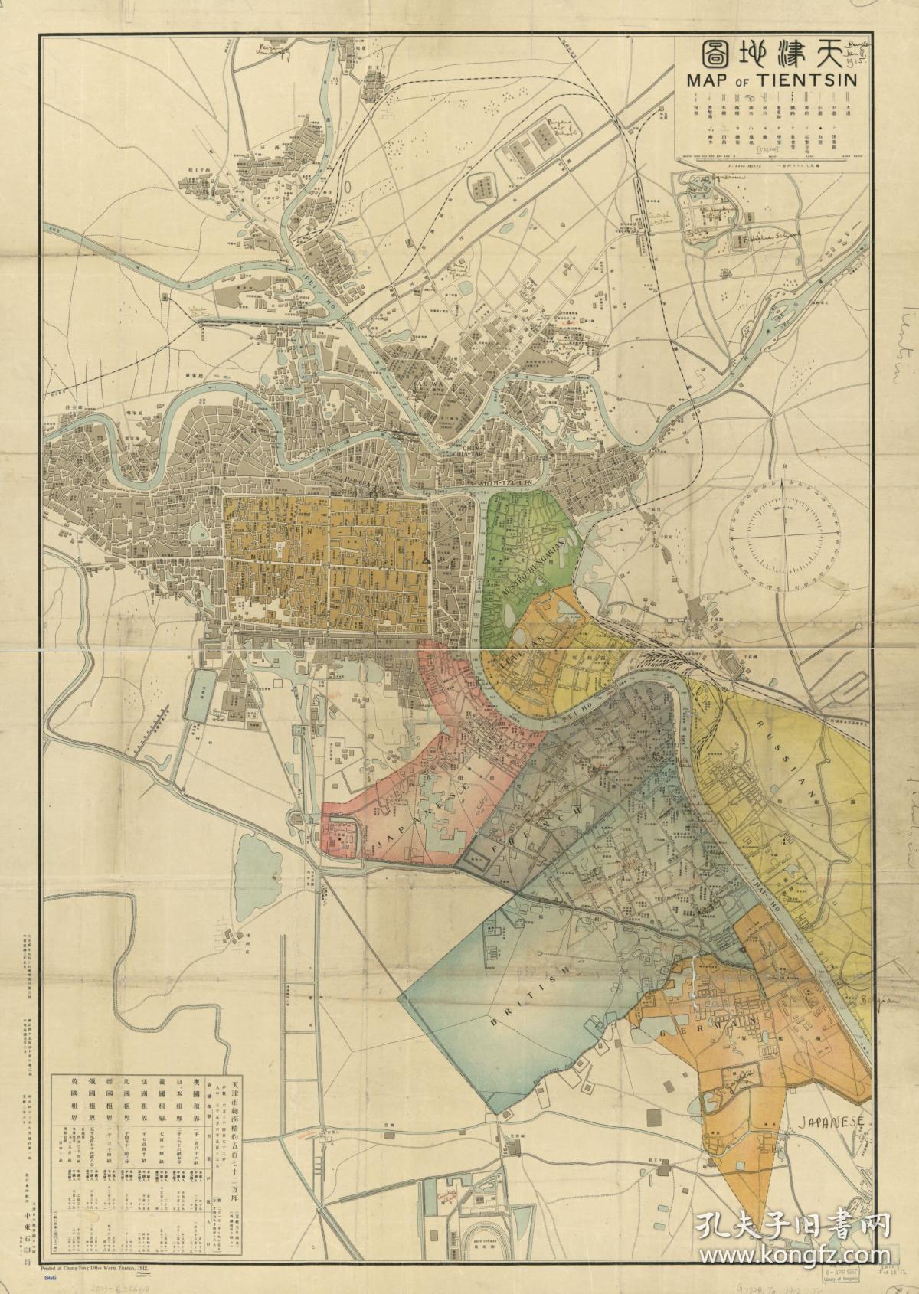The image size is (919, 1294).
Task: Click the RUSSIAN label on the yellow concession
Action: click(781, 758)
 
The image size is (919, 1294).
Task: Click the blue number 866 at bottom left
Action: click(52, 1278)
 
